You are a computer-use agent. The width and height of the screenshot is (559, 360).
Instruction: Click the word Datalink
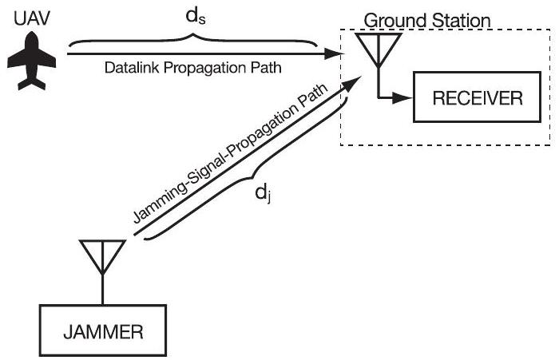[129, 69]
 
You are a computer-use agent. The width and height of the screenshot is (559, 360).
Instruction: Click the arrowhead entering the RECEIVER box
[406, 99]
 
